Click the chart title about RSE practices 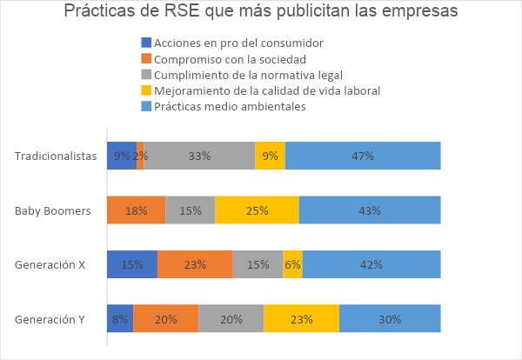[261, 13]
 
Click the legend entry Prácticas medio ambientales [230, 106]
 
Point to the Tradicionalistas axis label [56, 157]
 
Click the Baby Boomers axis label [53, 210]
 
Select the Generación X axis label [50, 264]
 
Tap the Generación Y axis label [50, 319]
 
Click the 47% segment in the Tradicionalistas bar [363, 157]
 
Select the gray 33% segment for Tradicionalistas [199, 157]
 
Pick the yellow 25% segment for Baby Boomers [257, 210]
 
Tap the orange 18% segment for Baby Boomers [136, 210]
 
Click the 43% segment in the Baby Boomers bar [370, 210]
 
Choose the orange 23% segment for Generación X [195, 264]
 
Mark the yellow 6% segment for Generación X [292, 264]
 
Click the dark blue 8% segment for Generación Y [120, 319]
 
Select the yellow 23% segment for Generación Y [301, 319]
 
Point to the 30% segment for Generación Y [390, 319]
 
